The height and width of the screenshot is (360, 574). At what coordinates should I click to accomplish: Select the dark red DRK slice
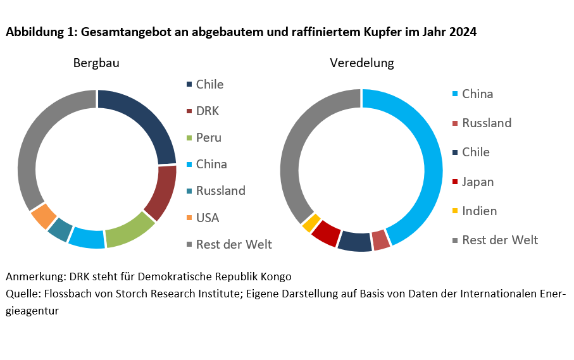coord(161,193)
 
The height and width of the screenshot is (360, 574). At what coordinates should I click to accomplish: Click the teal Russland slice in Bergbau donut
coord(60,230)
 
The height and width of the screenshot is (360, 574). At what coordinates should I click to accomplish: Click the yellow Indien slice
coord(311,223)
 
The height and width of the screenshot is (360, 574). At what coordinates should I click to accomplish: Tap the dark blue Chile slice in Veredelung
coord(354,242)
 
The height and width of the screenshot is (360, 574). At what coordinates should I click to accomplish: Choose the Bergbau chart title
coord(96,63)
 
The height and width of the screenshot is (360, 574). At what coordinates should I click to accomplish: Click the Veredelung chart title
coord(361,63)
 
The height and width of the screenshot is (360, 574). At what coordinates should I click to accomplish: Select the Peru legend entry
coord(208,138)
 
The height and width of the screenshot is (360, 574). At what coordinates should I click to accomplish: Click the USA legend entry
coord(207,218)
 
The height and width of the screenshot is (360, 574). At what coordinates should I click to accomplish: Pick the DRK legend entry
coord(207,111)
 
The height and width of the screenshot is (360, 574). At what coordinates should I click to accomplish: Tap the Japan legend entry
coord(478,182)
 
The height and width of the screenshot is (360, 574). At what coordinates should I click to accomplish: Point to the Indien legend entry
coord(479,211)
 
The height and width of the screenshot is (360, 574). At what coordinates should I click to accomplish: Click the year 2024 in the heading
coord(463,32)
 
